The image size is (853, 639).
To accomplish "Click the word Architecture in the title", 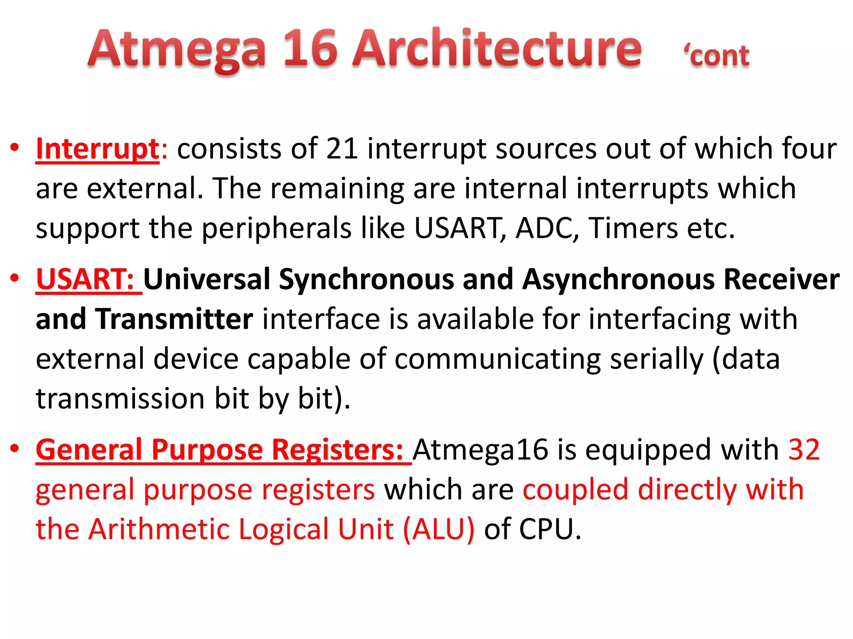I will click(x=497, y=49).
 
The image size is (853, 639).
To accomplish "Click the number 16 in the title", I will click(x=310, y=49).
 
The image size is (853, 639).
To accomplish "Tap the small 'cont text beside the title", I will click(x=716, y=56).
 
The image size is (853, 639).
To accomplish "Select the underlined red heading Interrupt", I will click(x=97, y=149).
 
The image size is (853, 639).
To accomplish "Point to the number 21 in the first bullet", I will click(x=342, y=149).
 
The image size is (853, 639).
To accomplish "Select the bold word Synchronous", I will click(x=367, y=279).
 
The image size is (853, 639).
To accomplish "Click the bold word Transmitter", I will click(x=174, y=319).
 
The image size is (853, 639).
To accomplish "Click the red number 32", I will click(x=804, y=450).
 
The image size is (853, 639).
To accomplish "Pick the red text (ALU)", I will click(x=439, y=530).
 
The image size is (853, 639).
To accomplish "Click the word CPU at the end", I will click(x=549, y=530).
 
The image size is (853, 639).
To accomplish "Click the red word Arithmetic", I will click(x=159, y=530).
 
